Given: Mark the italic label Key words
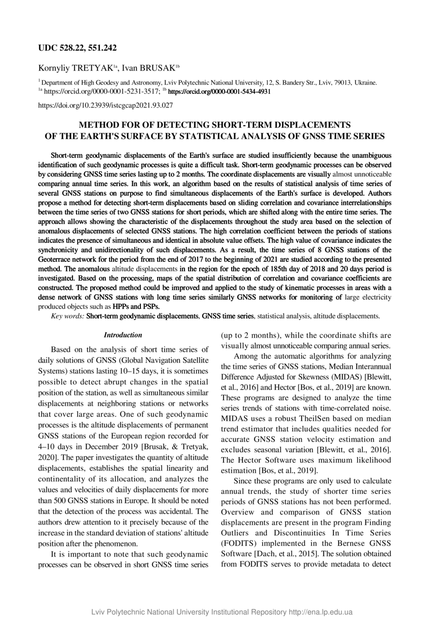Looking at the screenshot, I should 68,316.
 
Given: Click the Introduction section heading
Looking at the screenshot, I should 123,335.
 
